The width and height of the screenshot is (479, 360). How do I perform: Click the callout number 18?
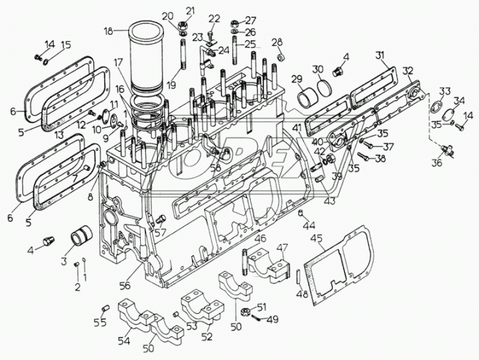[109, 31]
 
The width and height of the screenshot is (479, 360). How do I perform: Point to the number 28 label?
[276, 42]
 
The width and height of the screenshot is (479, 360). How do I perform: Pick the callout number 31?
[379, 55]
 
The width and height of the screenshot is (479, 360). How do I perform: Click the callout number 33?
[444, 91]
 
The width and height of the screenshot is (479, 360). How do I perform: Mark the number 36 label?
[436, 163]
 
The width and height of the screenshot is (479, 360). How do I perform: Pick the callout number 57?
[161, 232]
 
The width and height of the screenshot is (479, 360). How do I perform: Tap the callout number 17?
[117, 62]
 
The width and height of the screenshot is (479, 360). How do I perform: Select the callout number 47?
[282, 247]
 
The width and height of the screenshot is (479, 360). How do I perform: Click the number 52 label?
[207, 337]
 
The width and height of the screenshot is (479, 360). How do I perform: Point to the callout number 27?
[250, 19]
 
